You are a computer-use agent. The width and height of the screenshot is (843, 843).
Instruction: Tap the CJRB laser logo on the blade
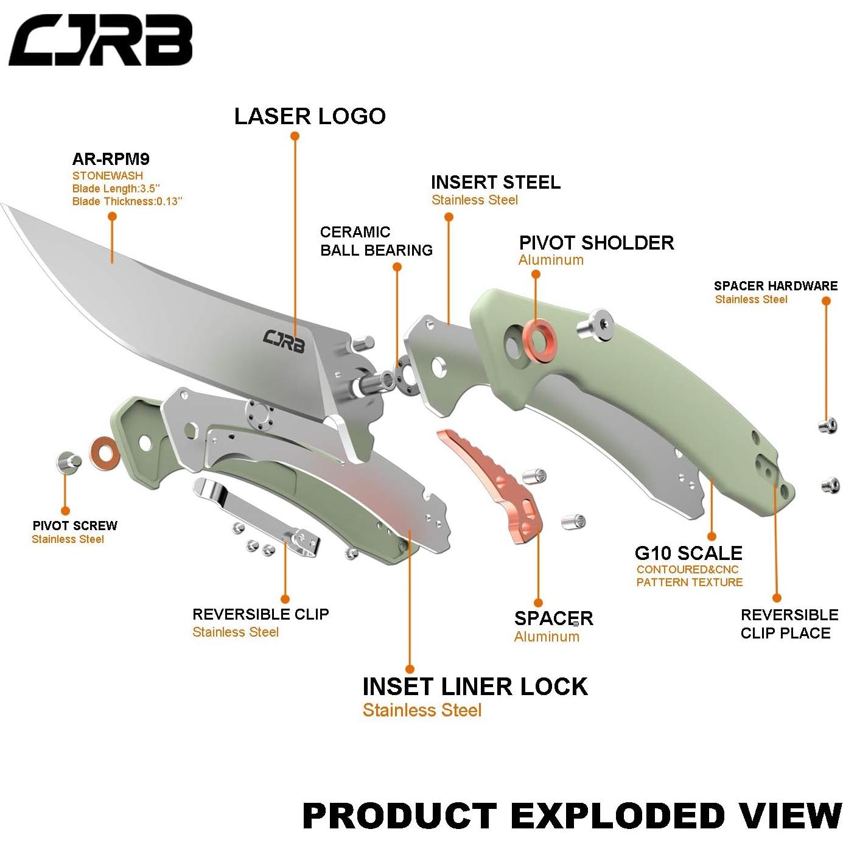pyautogui.click(x=284, y=338)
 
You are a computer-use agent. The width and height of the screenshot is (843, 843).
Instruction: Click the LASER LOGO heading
pyautogui.click(x=310, y=116)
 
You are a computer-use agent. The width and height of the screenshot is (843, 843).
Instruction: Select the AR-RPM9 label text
pyautogui.click(x=111, y=159)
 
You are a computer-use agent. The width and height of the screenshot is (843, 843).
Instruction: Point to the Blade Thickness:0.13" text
pyautogui.click(x=127, y=201)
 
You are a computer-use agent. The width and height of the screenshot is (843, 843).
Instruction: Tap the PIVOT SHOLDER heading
pyautogui.click(x=596, y=243)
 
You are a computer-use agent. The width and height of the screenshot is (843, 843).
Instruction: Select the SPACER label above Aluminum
pyautogui.click(x=553, y=618)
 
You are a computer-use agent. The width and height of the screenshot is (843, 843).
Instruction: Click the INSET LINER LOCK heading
pyautogui.click(x=475, y=687)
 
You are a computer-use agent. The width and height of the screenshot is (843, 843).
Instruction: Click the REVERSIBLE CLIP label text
pyautogui.click(x=261, y=614)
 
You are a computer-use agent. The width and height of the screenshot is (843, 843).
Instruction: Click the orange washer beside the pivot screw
pyautogui.click(x=105, y=452)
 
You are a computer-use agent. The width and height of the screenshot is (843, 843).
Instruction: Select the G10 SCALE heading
pyautogui.click(x=688, y=553)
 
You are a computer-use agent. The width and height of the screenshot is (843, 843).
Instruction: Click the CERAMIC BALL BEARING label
pyautogui.click(x=376, y=241)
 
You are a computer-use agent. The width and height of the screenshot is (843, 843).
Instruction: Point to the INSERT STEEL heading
pyautogui.click(x=495, y=183)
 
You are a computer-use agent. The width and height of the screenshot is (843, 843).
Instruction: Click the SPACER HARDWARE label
pyautogui.click(x=775, y=286)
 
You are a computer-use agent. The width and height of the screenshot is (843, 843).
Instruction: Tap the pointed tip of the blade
pyautogui.click(x=5, y=208)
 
